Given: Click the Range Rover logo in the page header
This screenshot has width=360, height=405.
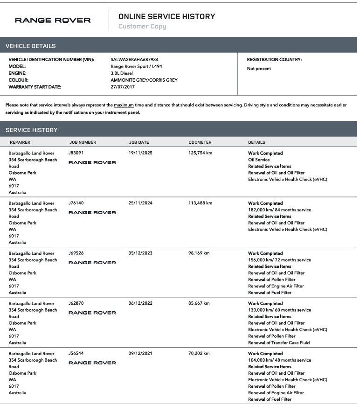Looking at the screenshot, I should tap(53, 20).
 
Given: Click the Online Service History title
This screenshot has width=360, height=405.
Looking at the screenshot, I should tap(166, 16).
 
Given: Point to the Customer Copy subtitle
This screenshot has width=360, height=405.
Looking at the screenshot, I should tap(142, 27).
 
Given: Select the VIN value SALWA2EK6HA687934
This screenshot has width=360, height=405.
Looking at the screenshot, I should tap(134, 60).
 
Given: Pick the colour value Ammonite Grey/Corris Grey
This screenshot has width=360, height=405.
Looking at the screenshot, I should tap(144, 80).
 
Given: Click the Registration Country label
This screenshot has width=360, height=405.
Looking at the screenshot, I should tap(274, 60).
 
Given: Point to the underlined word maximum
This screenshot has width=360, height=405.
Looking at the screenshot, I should tap(124, 105).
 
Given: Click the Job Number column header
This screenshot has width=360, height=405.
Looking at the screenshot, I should tap(83, 142).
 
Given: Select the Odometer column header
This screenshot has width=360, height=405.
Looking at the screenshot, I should tap(200, 142).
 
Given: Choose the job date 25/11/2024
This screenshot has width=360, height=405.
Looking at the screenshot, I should tap(140, 203).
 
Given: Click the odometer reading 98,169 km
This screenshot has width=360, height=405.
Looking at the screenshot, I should tap(199, 253).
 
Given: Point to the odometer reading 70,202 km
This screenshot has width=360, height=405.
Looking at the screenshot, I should tap(199, 354).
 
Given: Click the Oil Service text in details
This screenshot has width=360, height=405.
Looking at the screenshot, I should tap(259, 160).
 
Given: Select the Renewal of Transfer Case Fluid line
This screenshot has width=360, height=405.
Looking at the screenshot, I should tap(279, 342).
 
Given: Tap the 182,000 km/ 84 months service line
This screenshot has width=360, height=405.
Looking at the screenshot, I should tap(279, 210).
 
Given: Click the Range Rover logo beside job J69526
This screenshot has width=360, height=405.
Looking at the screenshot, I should tap(92, 263).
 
